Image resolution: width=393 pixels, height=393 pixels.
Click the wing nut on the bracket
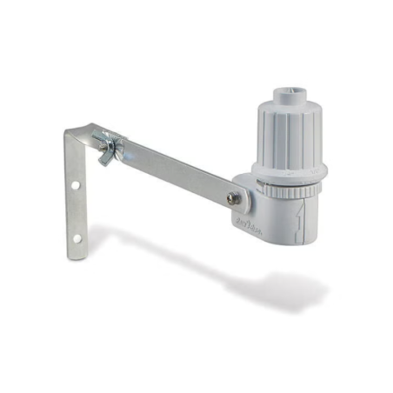coord(107,148)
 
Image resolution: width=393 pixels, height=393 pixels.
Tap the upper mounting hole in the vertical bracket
coord(77,185)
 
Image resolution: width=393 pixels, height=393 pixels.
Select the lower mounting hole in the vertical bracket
coord(77,236)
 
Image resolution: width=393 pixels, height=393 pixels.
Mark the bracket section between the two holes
coord(77,211)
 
